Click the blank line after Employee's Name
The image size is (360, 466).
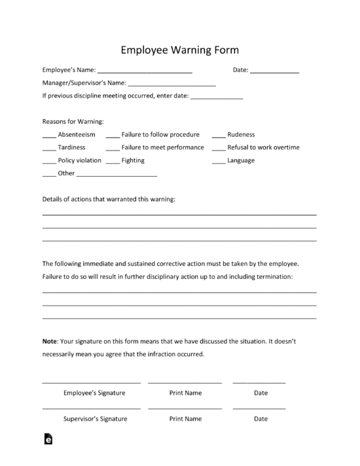(145, 71)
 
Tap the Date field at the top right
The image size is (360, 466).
(274, 71)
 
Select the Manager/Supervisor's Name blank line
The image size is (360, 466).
(171, 84)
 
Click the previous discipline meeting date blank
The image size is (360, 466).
(216, 98)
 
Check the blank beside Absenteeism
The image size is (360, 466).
(48, 135)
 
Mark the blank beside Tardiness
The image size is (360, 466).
(48, 149)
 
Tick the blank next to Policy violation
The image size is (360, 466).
(48, 162)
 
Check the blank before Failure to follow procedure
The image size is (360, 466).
(112, 135)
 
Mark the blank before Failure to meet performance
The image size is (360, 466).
(112, 149)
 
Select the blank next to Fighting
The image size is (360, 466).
(112, 162)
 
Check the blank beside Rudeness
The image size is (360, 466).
(218, 135)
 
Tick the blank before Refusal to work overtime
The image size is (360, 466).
(218, 149)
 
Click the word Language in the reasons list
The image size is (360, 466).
(241, 160)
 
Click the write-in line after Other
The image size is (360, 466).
(117, 175)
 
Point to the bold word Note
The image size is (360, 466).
(50, 341)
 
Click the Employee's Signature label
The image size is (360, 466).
(94, 393)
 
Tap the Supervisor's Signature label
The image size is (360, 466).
(95, 419)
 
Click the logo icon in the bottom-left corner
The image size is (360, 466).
(48, 440)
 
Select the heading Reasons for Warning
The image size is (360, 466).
(73, 121)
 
